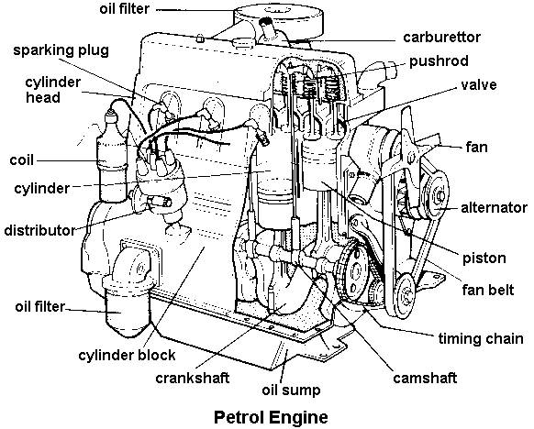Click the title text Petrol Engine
271,417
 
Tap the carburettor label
441,37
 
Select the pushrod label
439,61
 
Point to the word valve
479,84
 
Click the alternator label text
494,207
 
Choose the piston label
484,258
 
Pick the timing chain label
481,339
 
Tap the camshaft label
425,378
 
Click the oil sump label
291,390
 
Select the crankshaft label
192,378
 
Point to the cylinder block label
127,356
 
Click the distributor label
39,230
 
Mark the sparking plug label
61,50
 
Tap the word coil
22,160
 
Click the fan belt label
488,291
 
